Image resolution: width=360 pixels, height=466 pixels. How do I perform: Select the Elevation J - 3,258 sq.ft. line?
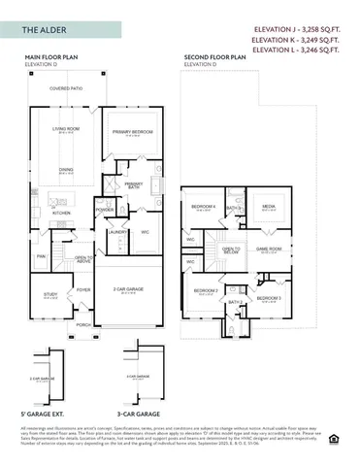click(x=301, y=30)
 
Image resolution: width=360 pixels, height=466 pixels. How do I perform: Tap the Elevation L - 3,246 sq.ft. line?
click(x=301, y=50)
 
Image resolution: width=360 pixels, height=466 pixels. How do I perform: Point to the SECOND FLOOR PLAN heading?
click(x=214, y=58)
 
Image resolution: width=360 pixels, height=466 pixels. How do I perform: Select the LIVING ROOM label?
click(x=65, y=129)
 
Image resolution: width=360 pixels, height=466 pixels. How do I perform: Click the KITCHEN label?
click(x=61, y=213)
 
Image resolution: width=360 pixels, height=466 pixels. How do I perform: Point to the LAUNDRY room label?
click(x=116, y=232)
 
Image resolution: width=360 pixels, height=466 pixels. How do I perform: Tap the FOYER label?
click(x=83, y=288)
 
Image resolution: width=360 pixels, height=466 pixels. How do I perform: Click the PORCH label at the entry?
click(x=83, y=324)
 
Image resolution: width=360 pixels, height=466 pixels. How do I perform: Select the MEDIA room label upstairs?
click(x=268, y=207)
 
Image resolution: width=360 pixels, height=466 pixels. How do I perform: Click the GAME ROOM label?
click(x=268, y=249)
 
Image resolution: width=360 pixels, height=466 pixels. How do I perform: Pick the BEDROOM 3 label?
click(x=269, y=297)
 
